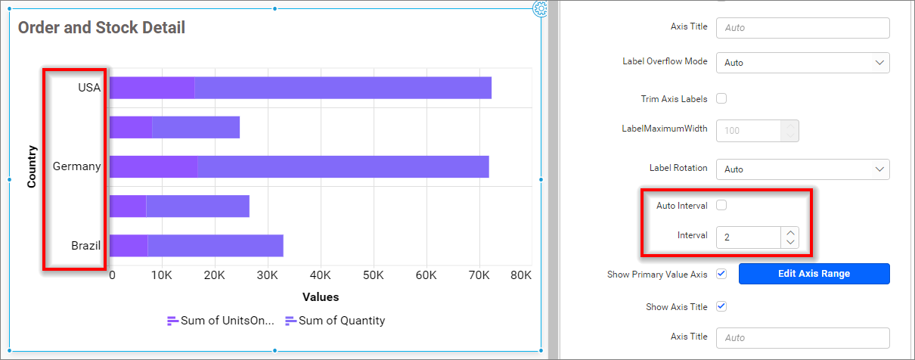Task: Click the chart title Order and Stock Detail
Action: pyautogui.click(x=101, y=28)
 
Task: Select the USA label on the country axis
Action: pyautogui.click(x=89, y=88)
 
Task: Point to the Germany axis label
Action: pyautogui.click(x=76, y=166)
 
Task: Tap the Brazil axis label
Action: pyautogui.click(x=85, y=246)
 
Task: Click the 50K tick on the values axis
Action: pyautogui.click(x=374, y=275)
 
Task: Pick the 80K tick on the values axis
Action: pyautogui.click(x=521, y=275)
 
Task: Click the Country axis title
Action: pyautogui.click(x=32, y=166)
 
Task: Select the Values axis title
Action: pyautogui.click(x=321, y=297)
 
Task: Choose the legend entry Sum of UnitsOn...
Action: pyautogui.click(x=220, y=321)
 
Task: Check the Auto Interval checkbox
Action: pyautogui.click(x=721, y=205)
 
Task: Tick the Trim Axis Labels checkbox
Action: pyautogui.click(x=721, y=98)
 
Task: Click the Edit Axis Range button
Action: pyautogui.click(x=814, y=274)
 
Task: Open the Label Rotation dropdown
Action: pyautogui.click(x=802, y=169)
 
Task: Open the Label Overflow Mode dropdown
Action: pyautogui.click(x=802, y=63)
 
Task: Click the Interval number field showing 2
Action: pyautogui.click(x=748, y=237)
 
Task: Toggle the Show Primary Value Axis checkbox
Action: pyautogui.click(x=721, y=274)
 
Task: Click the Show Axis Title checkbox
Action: pyautogui.click(x=721, y=306)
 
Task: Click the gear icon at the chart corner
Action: pyautogui.click(x=540, y=8)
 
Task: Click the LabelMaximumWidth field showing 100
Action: pyautogui.click(x=748, y=131)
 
